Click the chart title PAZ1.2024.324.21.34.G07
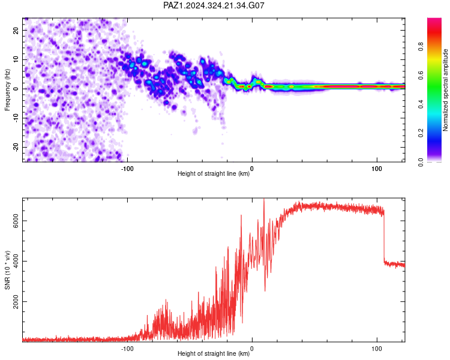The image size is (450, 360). (x=214, y=5)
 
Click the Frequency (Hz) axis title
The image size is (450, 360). (x=7, y=90)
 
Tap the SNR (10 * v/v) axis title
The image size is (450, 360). (x=7, y=270)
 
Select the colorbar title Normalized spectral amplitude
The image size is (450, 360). (x=445, y=90)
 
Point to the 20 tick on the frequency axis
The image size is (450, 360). (x=16, y=30)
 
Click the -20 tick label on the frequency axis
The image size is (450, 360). (x=16, y=148)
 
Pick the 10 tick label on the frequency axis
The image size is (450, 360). (x=16, y=59)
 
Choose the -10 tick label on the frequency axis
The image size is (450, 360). (x=16, y=118)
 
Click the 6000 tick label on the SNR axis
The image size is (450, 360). (x=16, y=221)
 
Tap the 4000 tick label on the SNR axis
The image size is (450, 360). (x=16, y=261)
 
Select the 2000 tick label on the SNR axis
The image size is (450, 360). (x=16, y=301)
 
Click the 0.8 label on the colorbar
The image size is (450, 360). (x=421, y=47)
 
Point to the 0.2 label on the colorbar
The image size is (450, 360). (x=421, y=133)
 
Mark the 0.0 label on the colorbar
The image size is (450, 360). (x=421, y=162)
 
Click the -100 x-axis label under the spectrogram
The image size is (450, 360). (x=127, y=169)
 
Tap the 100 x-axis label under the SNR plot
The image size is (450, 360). (x=377, y=349)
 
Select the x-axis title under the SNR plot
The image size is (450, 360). (x=214, y=353)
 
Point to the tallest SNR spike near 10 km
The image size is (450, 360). (x=264, y=201)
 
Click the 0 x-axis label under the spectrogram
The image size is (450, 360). (x=252, y=169)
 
